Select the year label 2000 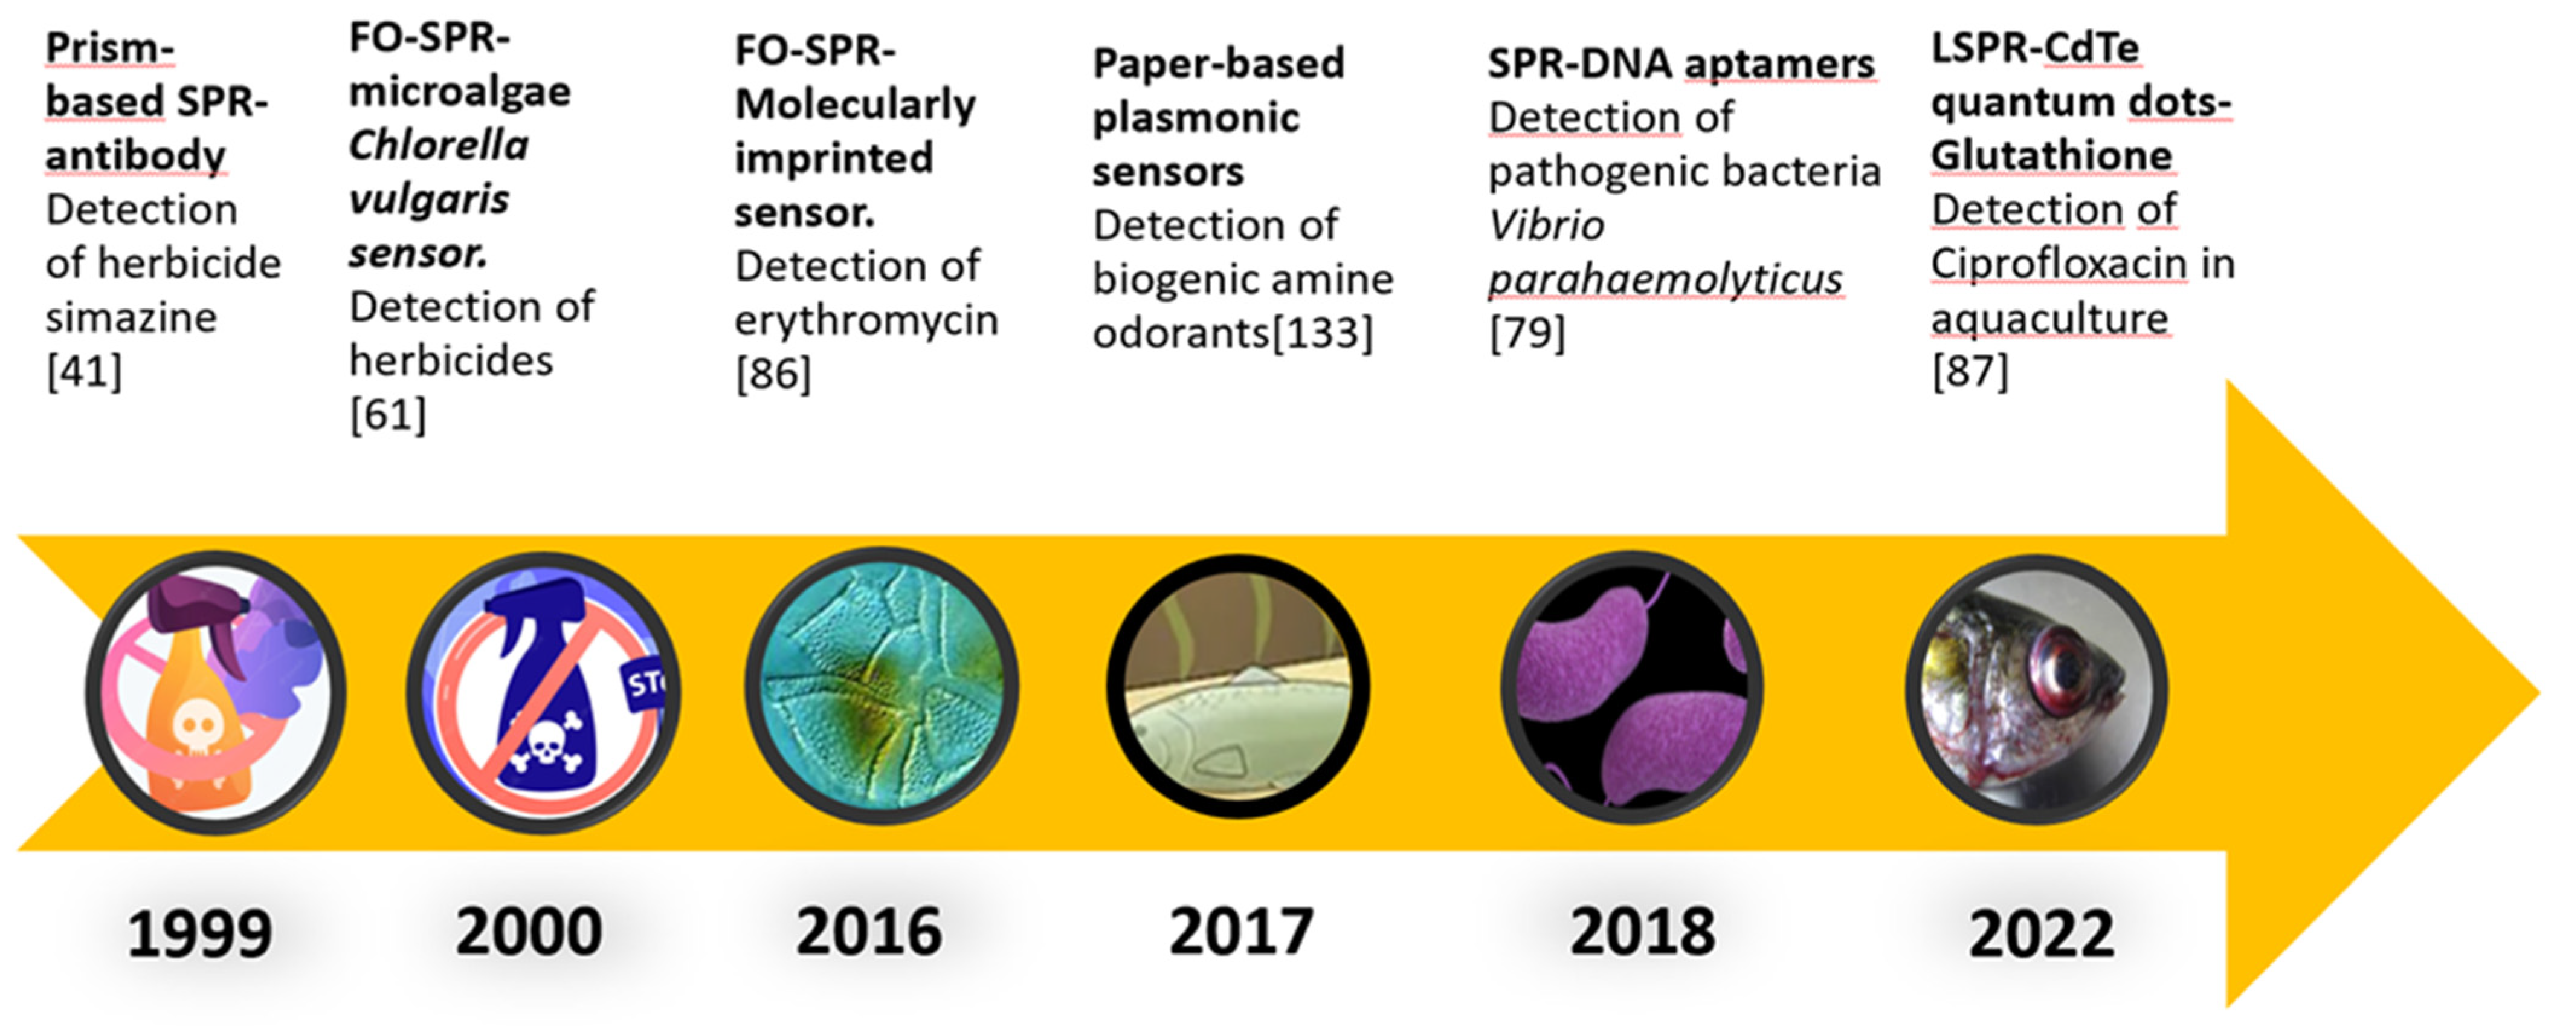529,932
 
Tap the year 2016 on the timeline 869,932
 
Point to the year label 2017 1241,932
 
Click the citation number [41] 85,372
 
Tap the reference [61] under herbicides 387,414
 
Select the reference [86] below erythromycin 773,374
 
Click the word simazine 131,318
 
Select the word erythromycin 866,321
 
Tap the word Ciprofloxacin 2059,264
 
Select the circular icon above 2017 1238,687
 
